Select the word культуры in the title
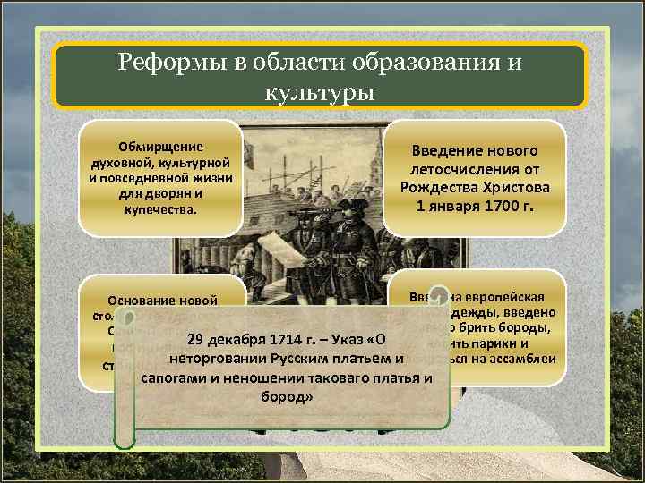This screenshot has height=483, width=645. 320,92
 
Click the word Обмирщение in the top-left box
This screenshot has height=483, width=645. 160,147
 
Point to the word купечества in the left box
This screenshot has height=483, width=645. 160,208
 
